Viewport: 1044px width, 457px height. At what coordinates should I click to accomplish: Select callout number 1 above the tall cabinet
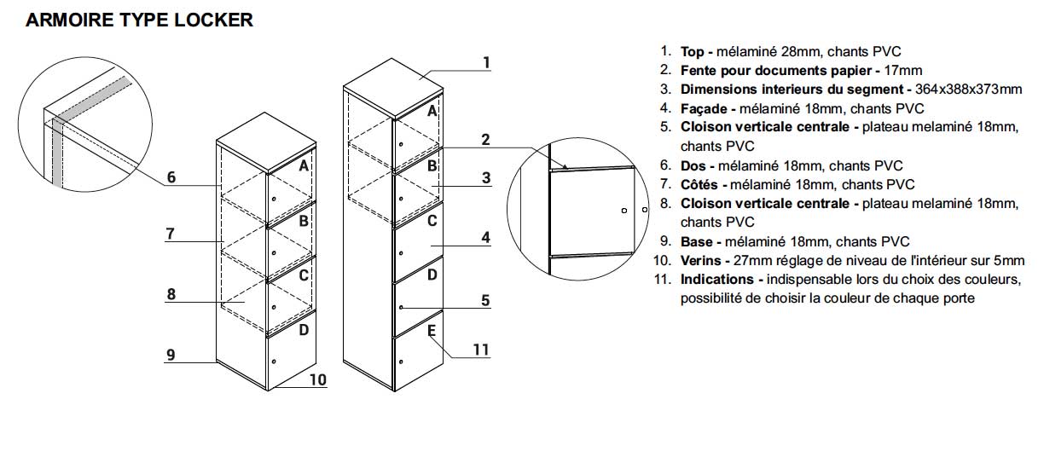click(485, 62)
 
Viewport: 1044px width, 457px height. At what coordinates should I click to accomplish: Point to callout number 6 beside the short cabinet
click(171, 177)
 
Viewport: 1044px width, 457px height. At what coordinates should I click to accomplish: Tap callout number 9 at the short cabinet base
click(171, 354)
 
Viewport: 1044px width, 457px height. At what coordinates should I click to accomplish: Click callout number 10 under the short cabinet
click(316, 380)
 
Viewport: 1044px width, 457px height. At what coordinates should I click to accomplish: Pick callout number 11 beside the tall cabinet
click(480, 349)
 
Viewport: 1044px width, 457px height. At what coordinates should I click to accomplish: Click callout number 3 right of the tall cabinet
click(485, 178)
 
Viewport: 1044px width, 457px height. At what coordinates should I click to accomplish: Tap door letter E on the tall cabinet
click(432, 330)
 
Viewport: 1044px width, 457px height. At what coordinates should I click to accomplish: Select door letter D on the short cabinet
click(303, 330)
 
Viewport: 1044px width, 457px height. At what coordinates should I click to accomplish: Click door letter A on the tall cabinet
click(432, 111)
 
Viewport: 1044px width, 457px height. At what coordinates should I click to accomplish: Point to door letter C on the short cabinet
click(303, 275)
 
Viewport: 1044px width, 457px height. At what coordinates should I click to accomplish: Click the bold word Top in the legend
click(692, 52)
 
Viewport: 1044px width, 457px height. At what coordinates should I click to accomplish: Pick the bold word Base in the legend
click(696, 241)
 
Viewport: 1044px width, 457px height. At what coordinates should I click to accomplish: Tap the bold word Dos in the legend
click(693, 165)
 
